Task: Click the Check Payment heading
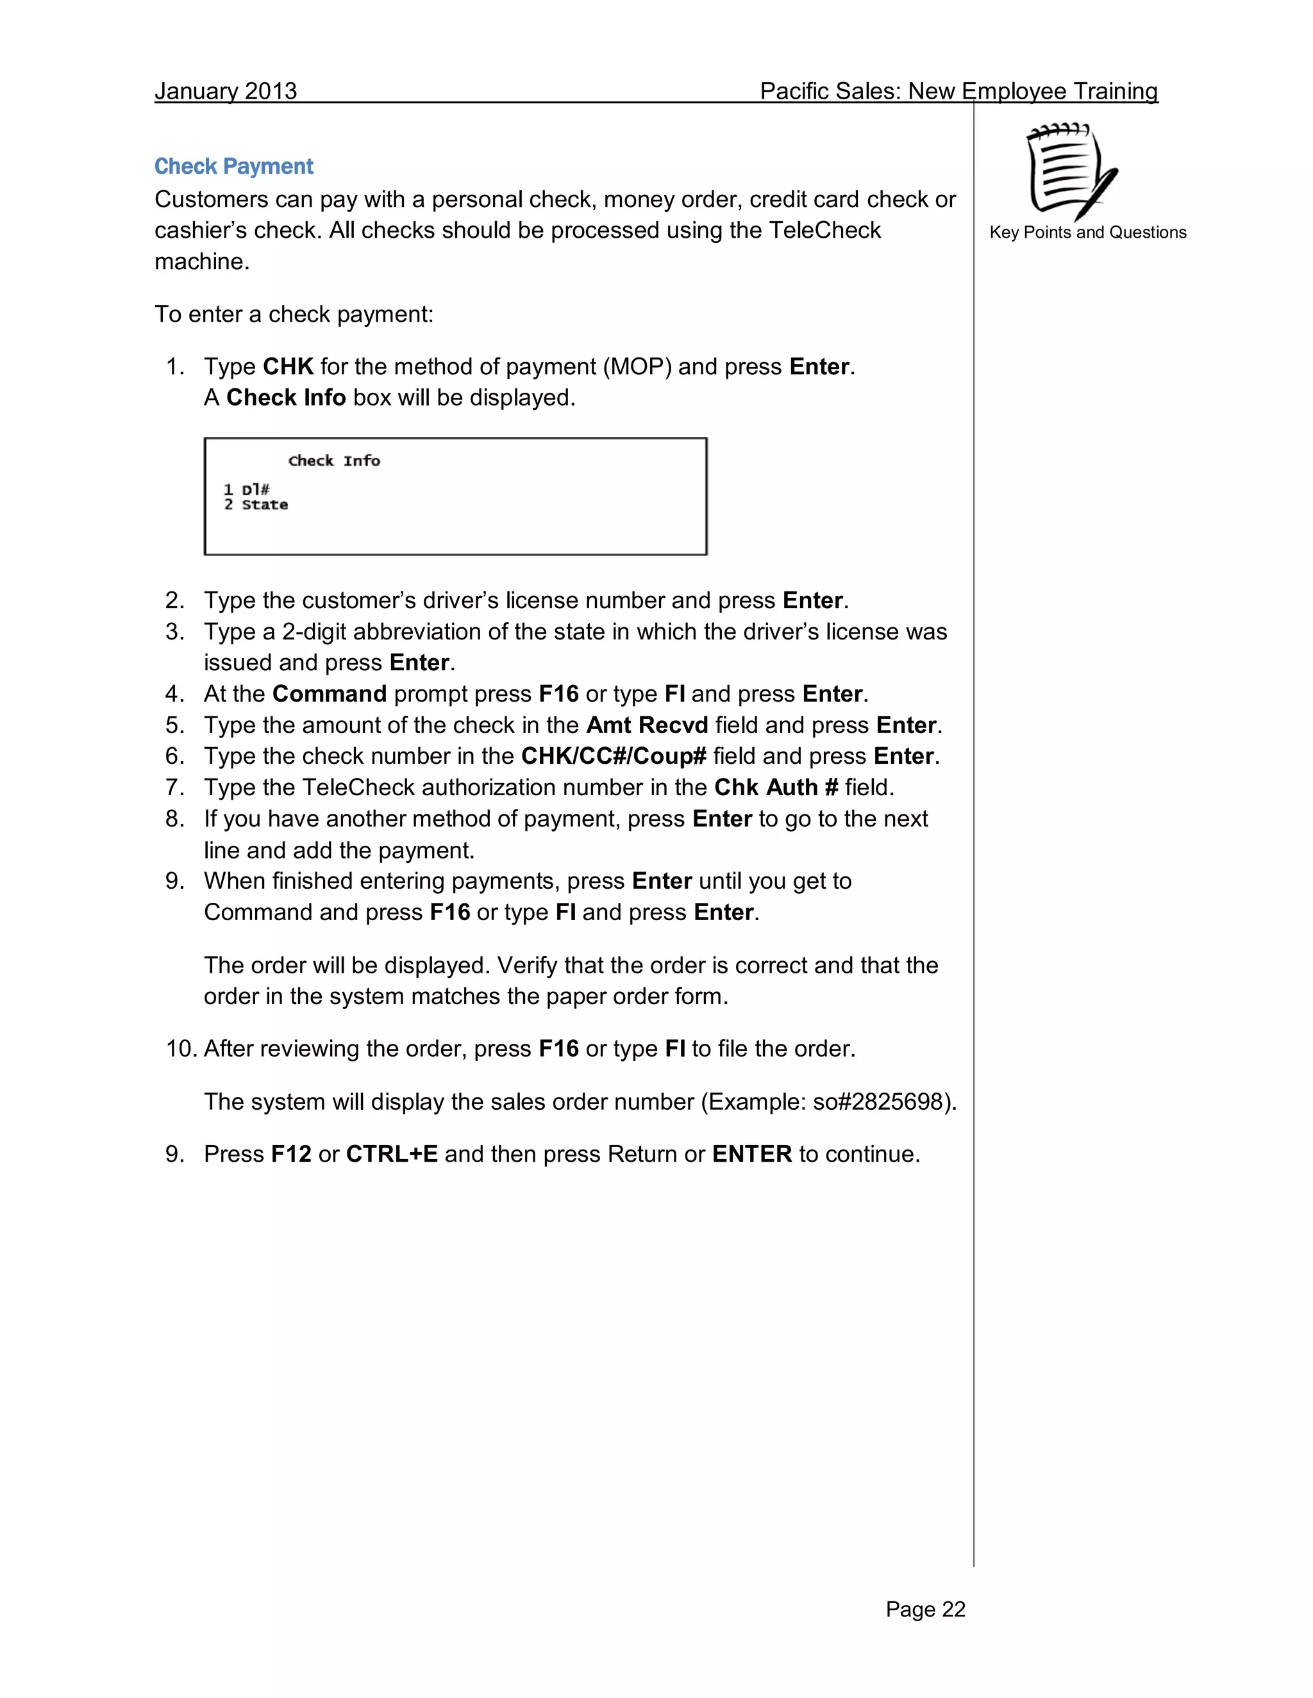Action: [x=233, y=167]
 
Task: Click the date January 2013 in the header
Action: [x=226, y=91]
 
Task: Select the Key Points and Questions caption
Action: [x=1087, y=233]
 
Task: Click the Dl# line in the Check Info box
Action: [x=247, y=490]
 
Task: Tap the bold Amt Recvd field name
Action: [x=646, y=725]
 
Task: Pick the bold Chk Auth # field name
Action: [x=776, y=787]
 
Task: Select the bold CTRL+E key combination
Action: [x=391, y=1154]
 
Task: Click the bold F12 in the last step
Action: [x=291, y=1154]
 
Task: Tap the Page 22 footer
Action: [x=925, y=1610]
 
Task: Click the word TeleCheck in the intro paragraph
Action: [x=824, y=230]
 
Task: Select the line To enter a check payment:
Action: [x=294, y=314]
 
